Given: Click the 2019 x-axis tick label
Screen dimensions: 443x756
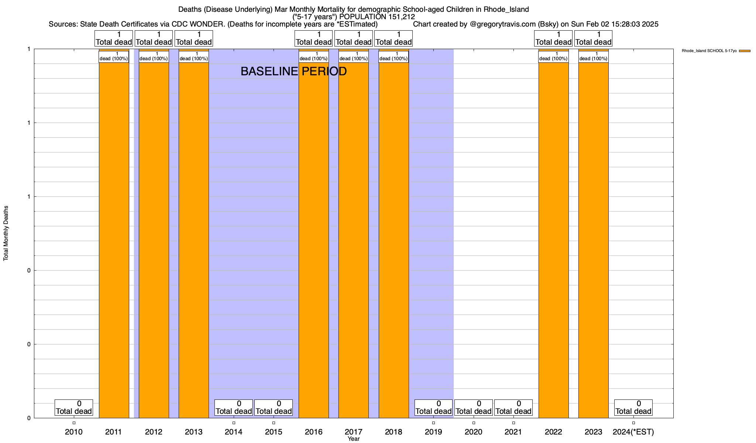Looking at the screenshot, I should [433, 432].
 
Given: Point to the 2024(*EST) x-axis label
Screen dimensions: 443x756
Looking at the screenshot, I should [633, 432].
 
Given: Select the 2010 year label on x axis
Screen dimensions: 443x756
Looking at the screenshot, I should [74, 432].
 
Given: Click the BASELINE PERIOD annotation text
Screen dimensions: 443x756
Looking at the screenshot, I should [293, 71].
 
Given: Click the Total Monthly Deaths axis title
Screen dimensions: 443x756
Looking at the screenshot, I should [6, 233].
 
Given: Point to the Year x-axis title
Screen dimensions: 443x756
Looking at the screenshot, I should [353, 439].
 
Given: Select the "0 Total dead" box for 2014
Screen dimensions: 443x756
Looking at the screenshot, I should [234, 408].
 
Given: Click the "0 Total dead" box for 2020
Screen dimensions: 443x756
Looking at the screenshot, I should [474, 408].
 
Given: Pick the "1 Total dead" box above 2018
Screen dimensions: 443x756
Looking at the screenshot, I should [394, 38].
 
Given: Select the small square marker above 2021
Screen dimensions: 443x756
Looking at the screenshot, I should [513, 423].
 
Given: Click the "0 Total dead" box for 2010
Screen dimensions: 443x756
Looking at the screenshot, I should [74, 408].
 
